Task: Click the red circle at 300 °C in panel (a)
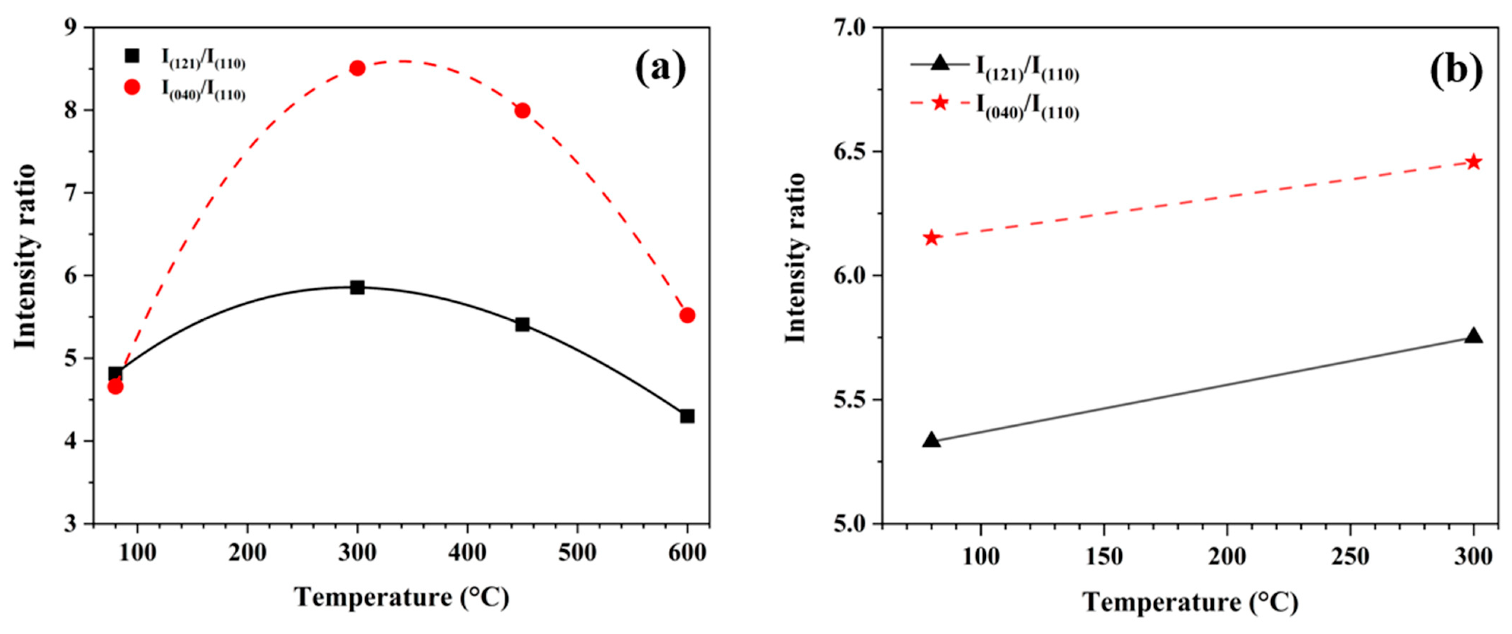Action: [357, 68]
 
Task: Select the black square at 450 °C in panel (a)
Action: [522, 324]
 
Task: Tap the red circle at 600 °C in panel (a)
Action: [687, 316]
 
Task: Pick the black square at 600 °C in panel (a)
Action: [687, 416]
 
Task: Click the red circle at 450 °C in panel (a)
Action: [522, 111]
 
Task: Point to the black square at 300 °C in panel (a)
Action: [357, 287]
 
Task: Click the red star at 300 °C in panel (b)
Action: [1474, 162]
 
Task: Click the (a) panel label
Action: [660, 68]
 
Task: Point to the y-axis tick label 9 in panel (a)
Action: [71, 28]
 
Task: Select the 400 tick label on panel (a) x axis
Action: [467, 553]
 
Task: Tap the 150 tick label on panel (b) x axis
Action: [1104, 556]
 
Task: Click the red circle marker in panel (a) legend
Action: [133, 87]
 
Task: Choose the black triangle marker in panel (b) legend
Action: [939, 63]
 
